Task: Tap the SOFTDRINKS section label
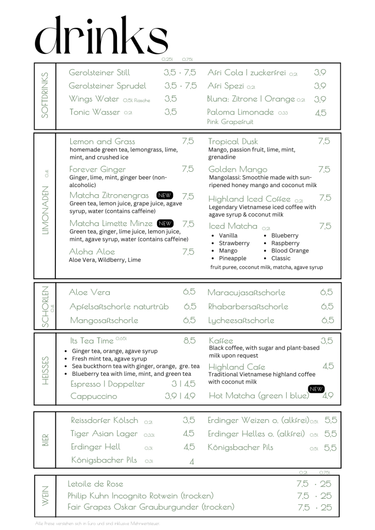click(45, 94)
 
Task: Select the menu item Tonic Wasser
click(94, 112)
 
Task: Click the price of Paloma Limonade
click(321, 112)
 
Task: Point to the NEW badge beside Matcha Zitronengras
click(165, 195)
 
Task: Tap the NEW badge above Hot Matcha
click(316, 389)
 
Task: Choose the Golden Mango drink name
click(238, 169)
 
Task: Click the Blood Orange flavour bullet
click(290, 251)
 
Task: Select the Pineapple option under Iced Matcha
click(232, 258)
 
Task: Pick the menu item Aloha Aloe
click(92, 252)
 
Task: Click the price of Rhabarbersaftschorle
click(327, 307)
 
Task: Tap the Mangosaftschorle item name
click(104, 320)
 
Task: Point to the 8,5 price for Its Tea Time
click(189, 341)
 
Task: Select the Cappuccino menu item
click(94, 396)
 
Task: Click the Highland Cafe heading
click(237, 367)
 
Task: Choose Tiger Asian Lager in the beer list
click(104, 434)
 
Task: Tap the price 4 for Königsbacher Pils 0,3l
click(192, 461)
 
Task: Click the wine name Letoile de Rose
click(96, 484)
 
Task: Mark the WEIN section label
click(45, 495)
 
